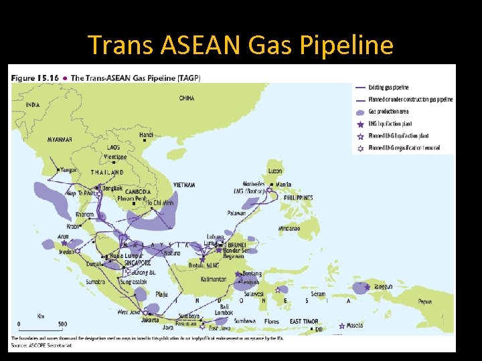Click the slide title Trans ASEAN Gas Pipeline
tap(240, 45)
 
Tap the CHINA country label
tap(187, 98)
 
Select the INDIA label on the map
tap(33, 105)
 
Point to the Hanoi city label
tap(146, 135)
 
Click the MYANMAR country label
tap(60, 139)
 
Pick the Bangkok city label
tap(112, 188)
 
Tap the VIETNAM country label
tap(184, 185)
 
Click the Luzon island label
tap(275, 171)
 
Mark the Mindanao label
tap(294, 228)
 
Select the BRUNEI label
tap(238, 245)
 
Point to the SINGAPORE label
tap(138, 263)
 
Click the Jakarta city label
tap(150, 320)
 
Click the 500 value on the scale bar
tap(62, 325)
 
